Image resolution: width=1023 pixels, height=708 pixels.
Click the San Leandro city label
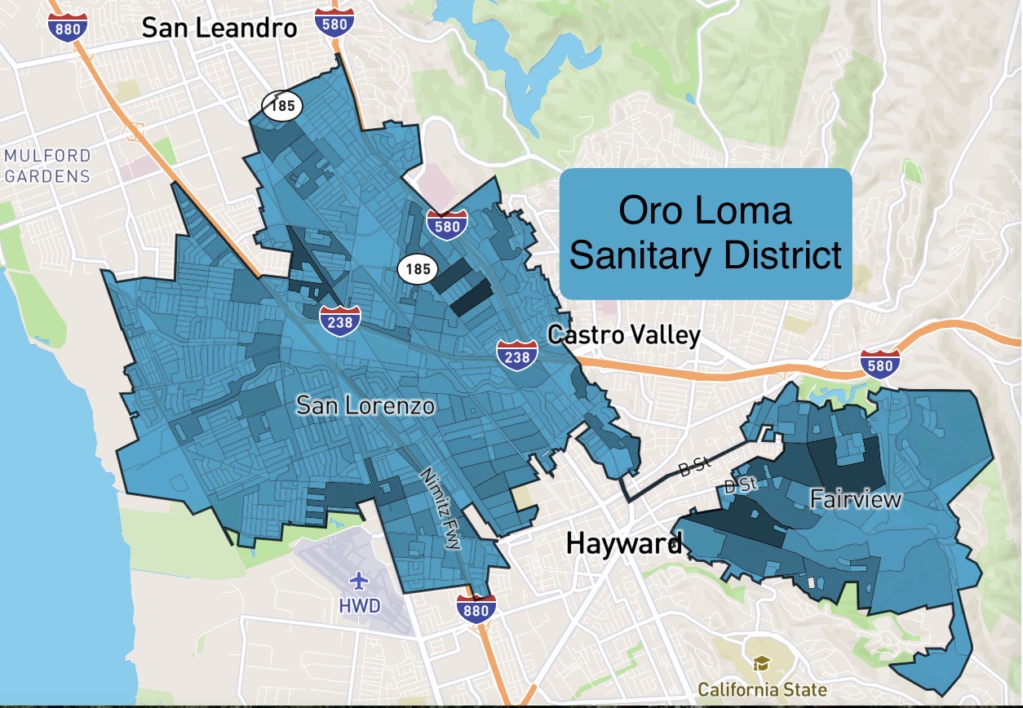tap(219, 28)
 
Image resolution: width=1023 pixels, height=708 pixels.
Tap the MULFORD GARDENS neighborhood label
tap(47, 165)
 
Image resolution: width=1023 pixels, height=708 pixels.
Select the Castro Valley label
tap(624, 334)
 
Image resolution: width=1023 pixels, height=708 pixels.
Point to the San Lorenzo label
tap(365, 405)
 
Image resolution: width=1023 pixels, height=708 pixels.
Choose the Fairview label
tap(856, 498)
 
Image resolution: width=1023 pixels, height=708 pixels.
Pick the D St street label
tap(742, 485)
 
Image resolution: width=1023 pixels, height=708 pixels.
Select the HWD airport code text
tap(359, 607)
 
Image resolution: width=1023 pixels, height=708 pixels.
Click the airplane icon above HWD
tap(359, 581)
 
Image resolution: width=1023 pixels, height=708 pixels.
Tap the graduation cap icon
tap(761, 663)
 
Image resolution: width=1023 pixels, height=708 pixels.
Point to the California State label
tap(762, 690)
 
